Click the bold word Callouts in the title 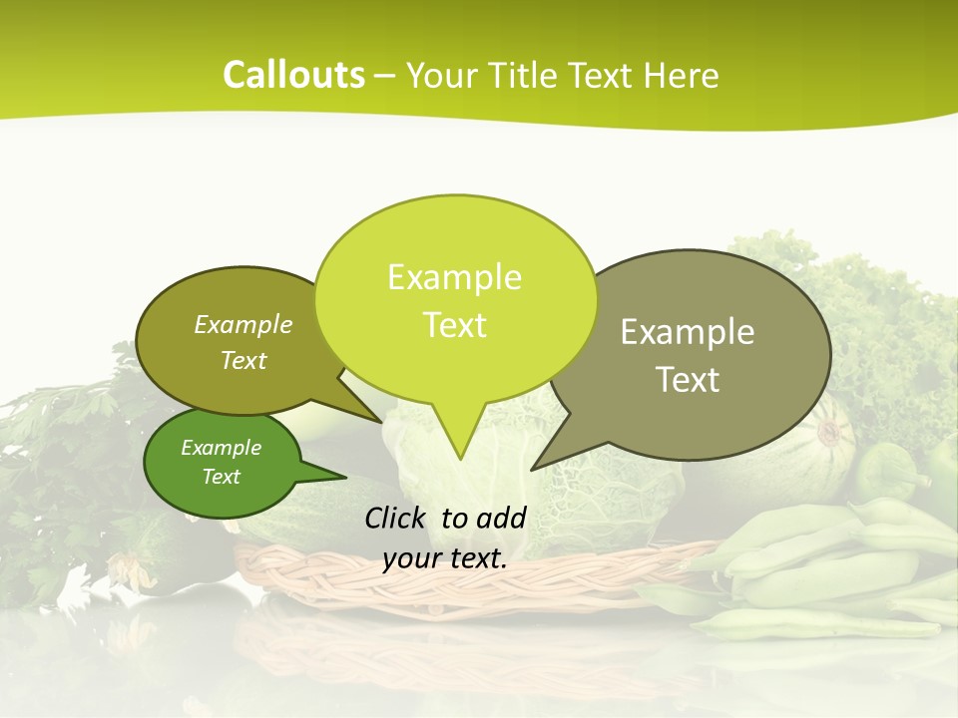tap(293, 75)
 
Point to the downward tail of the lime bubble tap(459, 439)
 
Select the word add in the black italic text tap(501, 518)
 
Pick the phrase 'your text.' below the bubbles tap(445, 558)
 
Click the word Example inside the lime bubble tap(454, 277)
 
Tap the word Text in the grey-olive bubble tap(689, 379)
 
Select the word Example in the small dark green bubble tap(221, 448)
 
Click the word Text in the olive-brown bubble tap(243, 360)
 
